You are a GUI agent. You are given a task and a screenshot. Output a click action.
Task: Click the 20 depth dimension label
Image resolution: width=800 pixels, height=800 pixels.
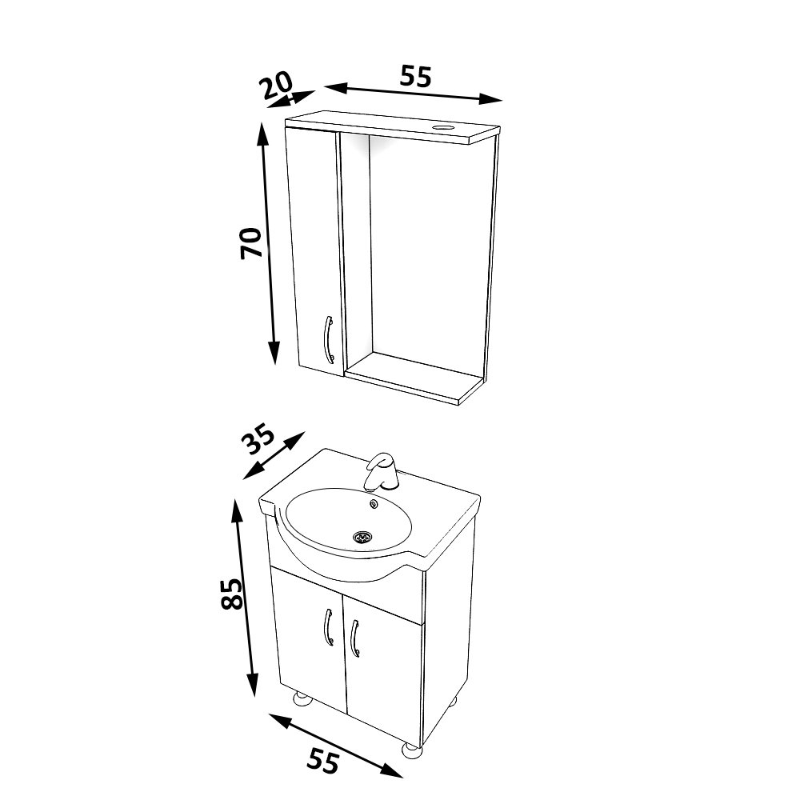277,84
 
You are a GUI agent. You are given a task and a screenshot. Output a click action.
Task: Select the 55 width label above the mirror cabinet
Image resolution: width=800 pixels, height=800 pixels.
415,77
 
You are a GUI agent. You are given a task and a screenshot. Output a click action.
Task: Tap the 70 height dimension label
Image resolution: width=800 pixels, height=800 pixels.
251,243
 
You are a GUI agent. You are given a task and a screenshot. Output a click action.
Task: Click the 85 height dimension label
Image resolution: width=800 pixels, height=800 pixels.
232,594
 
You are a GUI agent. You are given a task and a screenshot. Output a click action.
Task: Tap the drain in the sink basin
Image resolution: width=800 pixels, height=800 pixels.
362,537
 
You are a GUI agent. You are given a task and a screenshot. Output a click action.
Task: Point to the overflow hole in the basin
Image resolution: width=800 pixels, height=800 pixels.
374,504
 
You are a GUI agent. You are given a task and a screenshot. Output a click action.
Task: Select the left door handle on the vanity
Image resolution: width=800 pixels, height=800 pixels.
328,627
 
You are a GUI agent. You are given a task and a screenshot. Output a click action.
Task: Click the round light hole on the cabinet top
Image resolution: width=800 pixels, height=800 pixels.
442,126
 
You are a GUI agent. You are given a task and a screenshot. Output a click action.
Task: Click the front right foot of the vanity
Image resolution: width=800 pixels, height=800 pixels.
411,750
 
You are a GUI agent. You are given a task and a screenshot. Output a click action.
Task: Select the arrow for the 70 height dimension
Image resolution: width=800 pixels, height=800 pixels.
269,243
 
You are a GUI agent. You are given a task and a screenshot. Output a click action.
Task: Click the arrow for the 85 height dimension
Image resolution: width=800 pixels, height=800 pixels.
244,598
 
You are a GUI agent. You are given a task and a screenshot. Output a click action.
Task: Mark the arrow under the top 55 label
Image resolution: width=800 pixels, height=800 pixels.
414,93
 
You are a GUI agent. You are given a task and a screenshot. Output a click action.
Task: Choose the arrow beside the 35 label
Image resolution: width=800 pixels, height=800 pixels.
274,456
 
